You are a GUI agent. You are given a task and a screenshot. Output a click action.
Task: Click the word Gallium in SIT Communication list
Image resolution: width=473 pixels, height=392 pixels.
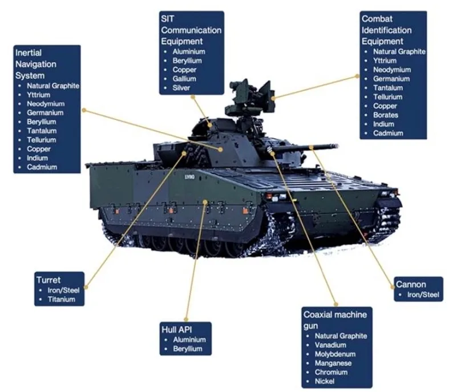184,79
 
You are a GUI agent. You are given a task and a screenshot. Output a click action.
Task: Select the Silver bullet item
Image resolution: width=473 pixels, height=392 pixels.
181,88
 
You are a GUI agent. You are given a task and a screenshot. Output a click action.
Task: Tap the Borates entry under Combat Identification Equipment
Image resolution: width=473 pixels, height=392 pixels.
386,115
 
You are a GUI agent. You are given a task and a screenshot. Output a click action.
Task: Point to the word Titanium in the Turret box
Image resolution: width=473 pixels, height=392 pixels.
61,299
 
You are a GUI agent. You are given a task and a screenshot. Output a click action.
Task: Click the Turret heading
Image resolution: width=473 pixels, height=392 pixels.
48,280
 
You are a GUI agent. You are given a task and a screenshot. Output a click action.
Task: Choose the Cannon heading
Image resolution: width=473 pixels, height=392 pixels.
411,284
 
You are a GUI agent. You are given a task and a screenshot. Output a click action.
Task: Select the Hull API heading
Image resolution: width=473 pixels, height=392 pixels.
178,329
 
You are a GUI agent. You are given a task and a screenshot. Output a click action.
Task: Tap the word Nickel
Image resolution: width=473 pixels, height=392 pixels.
325,381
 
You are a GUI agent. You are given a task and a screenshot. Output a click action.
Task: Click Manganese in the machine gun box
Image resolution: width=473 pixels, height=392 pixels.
333,363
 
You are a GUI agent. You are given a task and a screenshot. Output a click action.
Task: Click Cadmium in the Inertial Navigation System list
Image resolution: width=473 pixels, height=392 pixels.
42,167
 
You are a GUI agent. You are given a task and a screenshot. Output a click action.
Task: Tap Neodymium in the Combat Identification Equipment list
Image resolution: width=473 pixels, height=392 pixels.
392,70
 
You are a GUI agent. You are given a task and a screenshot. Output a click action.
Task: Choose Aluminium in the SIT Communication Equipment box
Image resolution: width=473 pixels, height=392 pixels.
189,51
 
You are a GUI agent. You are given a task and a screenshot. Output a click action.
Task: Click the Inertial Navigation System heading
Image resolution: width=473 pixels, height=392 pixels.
37,64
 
